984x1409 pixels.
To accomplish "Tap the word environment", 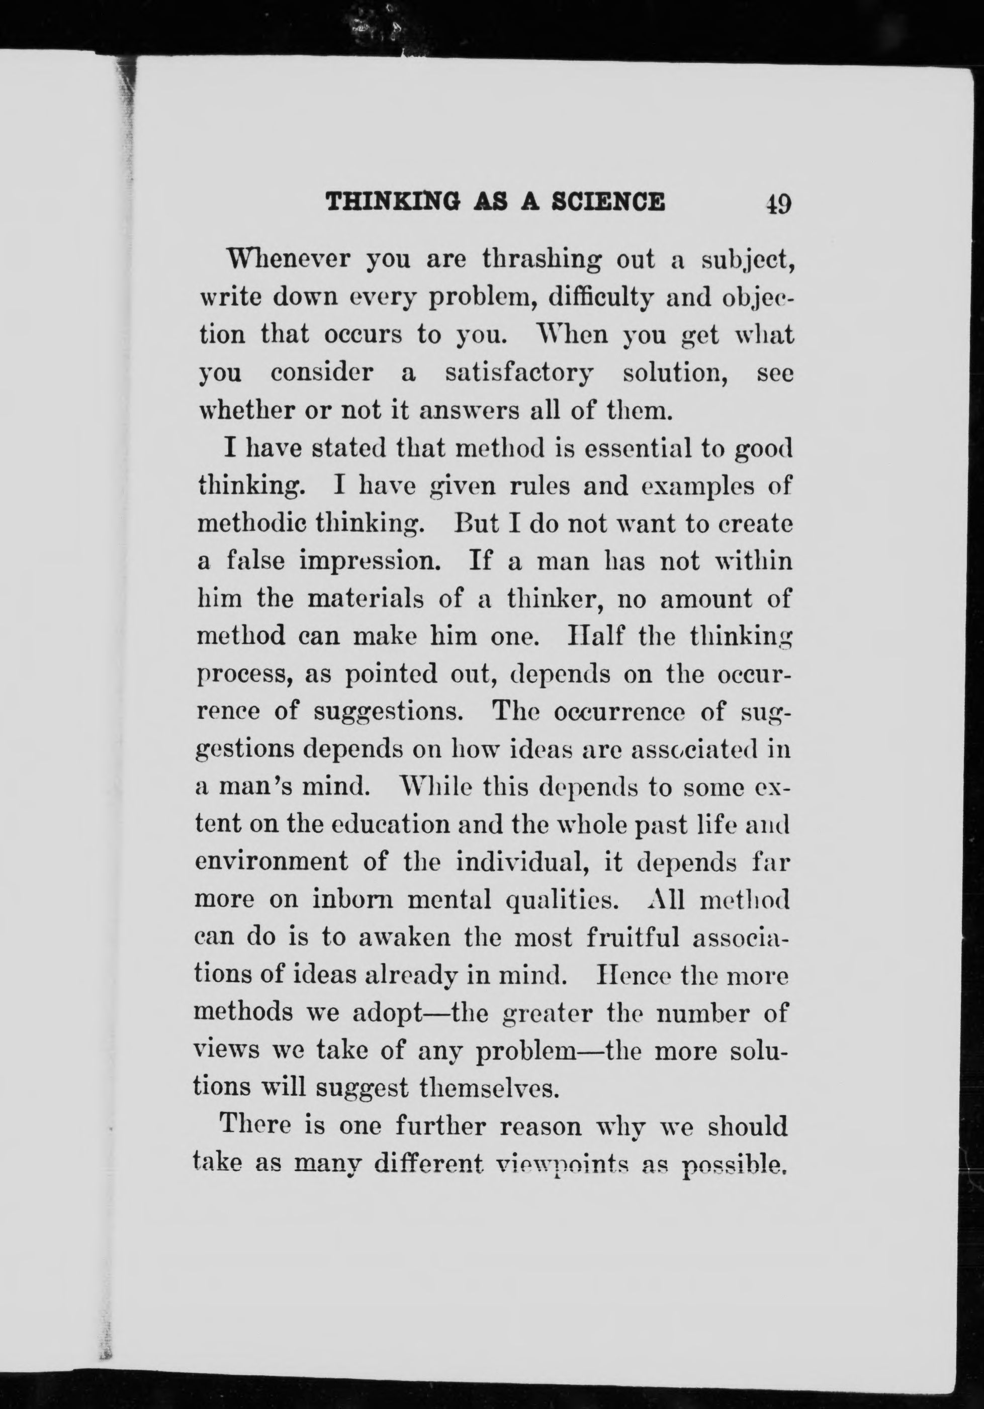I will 271,862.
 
